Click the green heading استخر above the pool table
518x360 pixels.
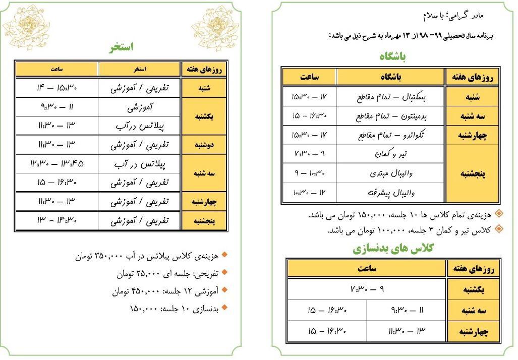121,47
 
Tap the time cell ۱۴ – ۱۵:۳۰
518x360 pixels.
56,88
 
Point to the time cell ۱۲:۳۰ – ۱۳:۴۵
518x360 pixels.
56,163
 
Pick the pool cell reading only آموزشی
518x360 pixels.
139,107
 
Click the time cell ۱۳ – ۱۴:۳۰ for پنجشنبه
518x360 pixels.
56,220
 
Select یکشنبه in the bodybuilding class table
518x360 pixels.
473,289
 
